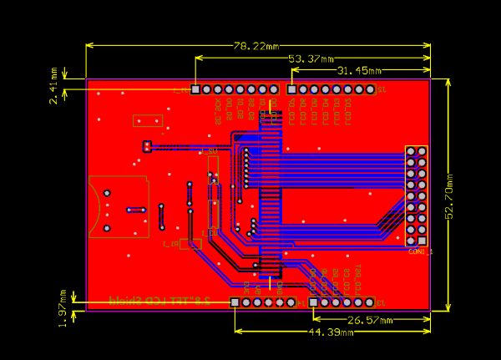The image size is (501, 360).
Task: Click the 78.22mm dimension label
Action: (x=256, y=46)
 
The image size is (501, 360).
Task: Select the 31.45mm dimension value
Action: (x=359, y=71)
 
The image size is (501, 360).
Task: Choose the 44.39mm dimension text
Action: (x=331, y=332)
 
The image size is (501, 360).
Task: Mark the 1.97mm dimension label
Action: (x=63, y=308)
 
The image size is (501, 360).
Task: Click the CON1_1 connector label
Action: (x=420, y=251)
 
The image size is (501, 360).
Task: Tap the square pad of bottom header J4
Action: (x=235, y=302)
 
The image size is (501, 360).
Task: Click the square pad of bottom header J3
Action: (x=313, y=302)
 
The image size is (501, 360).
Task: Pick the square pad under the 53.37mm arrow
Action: (x=195, y=89)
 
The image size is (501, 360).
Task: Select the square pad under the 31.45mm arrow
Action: (x=291, y=89)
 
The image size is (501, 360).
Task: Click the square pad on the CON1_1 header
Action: (x=422, y=241)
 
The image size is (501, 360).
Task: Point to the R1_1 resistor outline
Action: (x=190, y=244)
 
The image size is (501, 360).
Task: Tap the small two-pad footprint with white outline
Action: (x=147, y=147)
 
